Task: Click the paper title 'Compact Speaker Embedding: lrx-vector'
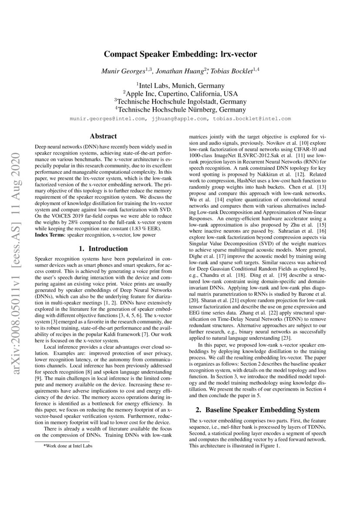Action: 180,54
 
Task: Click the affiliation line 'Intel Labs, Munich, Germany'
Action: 180,86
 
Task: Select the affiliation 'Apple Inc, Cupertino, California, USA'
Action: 180,94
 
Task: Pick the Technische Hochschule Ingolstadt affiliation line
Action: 180,101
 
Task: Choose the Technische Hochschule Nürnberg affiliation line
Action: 180,110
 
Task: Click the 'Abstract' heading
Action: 103,136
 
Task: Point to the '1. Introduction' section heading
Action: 103,249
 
